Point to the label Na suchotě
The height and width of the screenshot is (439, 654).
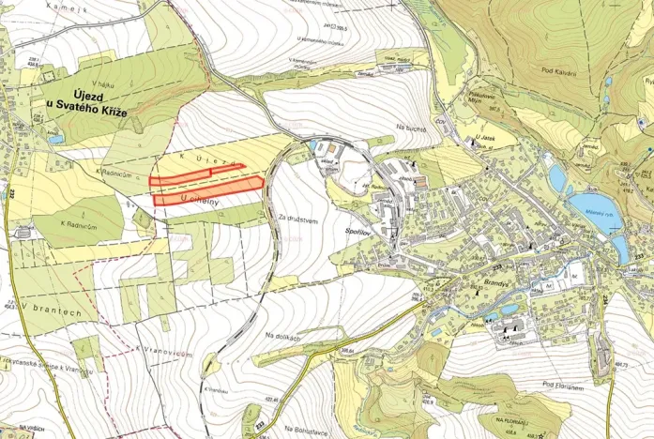point(411,128)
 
